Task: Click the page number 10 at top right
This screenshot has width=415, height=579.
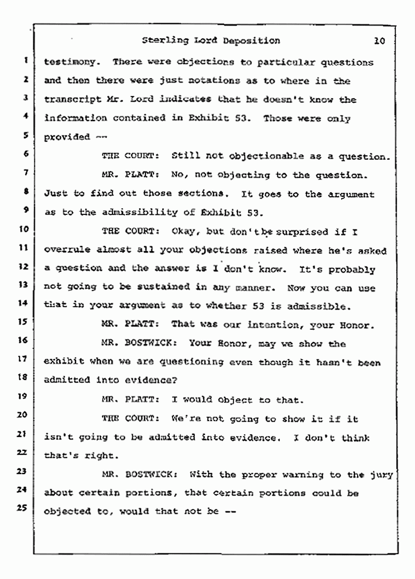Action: tap(379, 42)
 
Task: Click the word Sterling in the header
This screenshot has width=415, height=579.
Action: tap(161, 41)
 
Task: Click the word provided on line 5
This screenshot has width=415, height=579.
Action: tap(62, 137)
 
